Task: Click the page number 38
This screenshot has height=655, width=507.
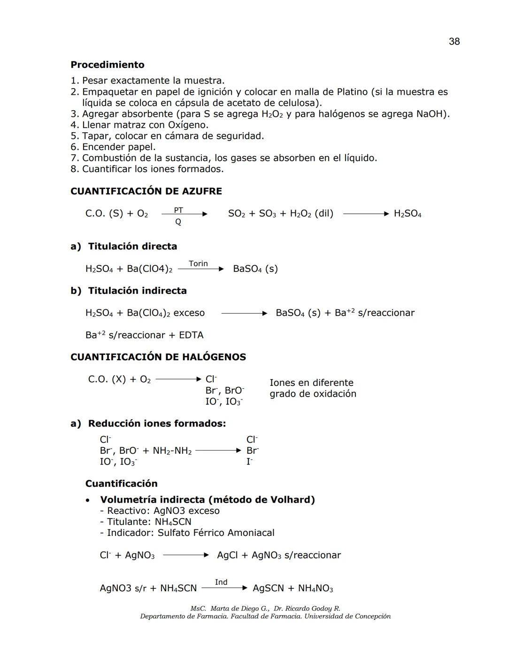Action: (454, 42)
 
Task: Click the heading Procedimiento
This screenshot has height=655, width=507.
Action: (107, 65)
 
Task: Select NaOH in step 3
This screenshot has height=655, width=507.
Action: (430, 114)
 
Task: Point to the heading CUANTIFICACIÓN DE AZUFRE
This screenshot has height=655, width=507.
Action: (146, 191)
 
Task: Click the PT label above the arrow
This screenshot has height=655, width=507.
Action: (178, 210)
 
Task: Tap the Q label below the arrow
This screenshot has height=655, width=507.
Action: (178, 222)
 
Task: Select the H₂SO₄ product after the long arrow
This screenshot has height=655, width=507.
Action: (407, 214)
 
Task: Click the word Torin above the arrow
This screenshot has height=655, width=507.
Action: (198, 264)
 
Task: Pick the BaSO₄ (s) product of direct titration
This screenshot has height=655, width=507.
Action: (255, 269)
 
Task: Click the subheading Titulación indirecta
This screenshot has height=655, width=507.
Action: (137, 291)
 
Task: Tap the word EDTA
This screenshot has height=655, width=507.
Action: (191, 335)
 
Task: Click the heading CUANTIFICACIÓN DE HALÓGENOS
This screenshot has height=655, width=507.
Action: (158, 357)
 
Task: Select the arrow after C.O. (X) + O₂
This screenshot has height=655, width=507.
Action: (178, 379)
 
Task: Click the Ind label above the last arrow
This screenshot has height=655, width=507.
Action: (221, 582)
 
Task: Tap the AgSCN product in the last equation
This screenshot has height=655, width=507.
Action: (268, 588)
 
